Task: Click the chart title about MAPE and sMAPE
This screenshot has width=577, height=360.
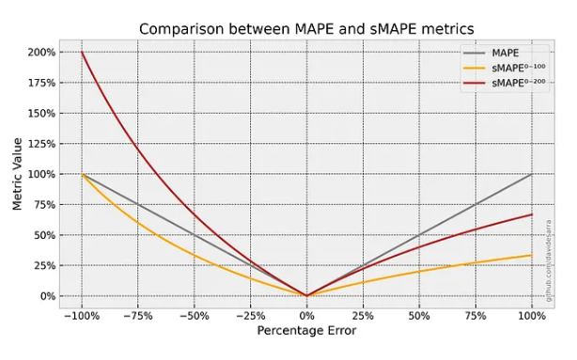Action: (x=306, y=28)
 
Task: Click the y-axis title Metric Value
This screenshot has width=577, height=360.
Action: (x=17, y=173)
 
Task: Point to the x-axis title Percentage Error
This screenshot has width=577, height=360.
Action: (x=306, y=330)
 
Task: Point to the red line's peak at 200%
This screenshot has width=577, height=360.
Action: (x=82, y=53)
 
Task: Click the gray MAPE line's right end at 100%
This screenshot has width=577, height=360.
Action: (x=532, y=174)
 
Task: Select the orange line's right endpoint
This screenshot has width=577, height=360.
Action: (x=532, y=256)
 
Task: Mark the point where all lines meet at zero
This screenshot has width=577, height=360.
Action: (x=306, y=295)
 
